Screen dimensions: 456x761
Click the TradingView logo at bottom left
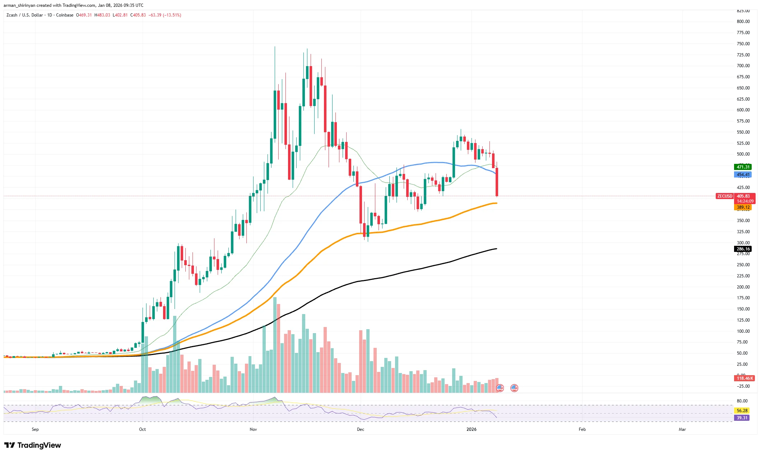[x=33, y=445]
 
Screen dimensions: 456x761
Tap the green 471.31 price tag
[x=743, y=167]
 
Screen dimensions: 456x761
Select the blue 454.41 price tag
[x=743, y=175]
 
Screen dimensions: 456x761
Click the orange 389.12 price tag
[x=743, y=207]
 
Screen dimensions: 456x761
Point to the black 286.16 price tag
[x=743, y=249]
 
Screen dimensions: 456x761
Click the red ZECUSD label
[x=724, y=196]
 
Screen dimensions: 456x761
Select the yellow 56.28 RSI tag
[x=742, y=410]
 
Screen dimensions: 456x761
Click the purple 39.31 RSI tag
[x=742, y=418]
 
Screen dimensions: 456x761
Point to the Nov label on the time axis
[x=253, y=429]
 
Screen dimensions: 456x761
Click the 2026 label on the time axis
[x=471, y=429]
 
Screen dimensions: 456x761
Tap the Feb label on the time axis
[x=582, y=429]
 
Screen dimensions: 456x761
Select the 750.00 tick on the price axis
[x=743, y=44]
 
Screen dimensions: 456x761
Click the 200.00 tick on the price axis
[x=743, y=287]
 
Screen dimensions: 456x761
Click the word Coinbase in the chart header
[x=65, y=15]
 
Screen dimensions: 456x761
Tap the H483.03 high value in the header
[x=102, y=15]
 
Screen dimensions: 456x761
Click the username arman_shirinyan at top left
[x=19, y=5]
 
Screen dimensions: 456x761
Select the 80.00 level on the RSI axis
[x=742, y=401]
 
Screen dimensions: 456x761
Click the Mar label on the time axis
[x=682, y=429]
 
